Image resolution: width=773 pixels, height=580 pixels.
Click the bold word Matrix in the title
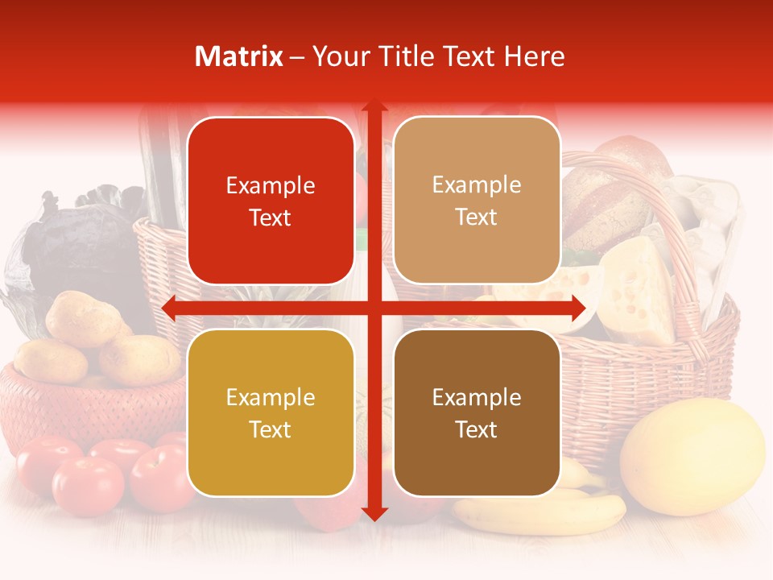pos(239,56)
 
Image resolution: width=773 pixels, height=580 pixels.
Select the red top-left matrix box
pos(271,201)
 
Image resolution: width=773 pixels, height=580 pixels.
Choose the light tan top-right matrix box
pos(477,201)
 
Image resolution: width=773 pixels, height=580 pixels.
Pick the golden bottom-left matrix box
pos(271,412)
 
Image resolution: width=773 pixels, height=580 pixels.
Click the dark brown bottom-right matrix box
pos(477,412)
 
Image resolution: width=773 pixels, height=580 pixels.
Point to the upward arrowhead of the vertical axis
pos(374,109)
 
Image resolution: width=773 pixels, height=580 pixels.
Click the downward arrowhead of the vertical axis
pos(374,513)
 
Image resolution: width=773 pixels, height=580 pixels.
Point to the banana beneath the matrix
pos(548,512)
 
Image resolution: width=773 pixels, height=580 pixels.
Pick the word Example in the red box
pos(271,186)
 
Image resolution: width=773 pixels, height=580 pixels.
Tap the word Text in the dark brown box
pos(477,429)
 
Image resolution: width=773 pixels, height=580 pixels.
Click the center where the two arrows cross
pos(374,308)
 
